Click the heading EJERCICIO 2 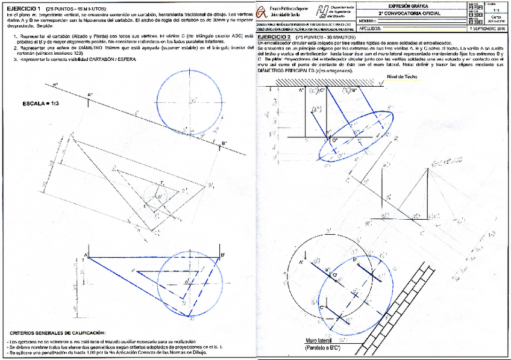275,37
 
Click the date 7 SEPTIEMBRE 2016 486,28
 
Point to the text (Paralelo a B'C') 324,348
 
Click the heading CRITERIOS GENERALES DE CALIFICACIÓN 57,332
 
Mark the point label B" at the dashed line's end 224,143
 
